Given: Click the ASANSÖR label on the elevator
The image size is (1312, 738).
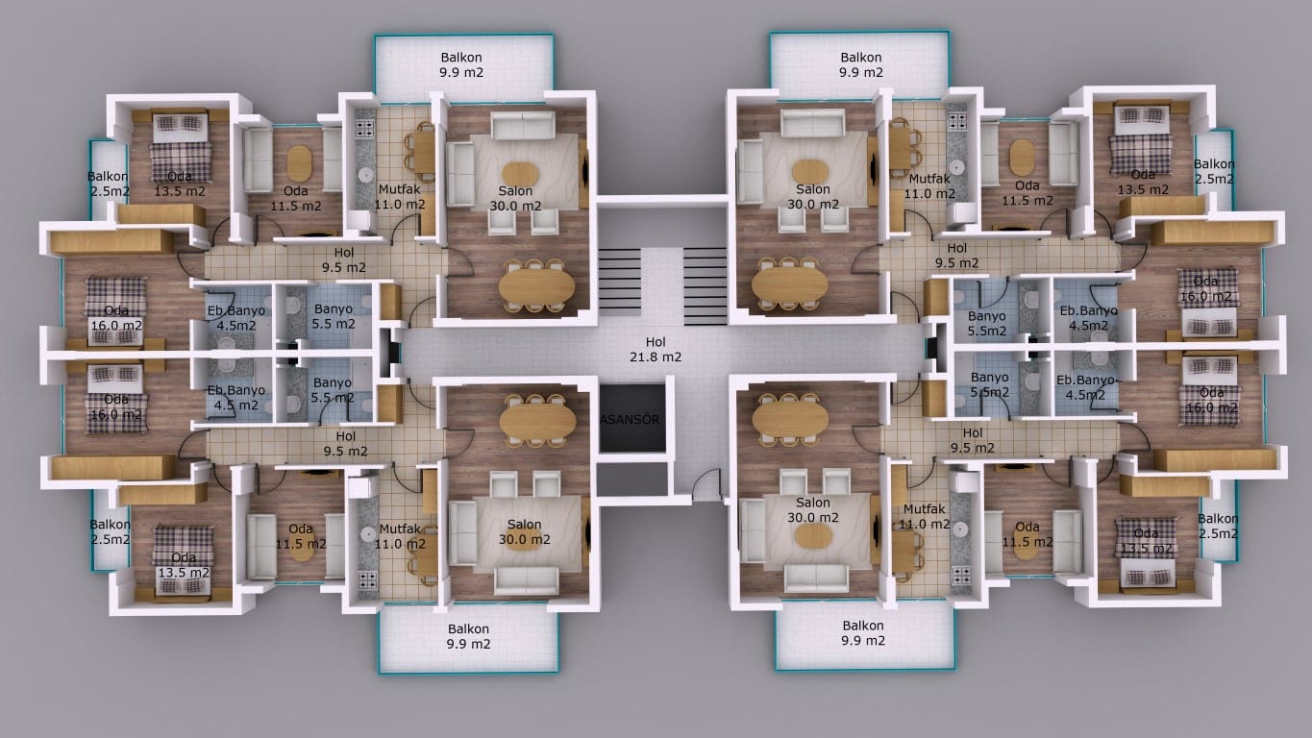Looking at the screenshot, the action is tap(630, 419).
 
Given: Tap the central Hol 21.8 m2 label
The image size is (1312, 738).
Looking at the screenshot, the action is tap(656, 349).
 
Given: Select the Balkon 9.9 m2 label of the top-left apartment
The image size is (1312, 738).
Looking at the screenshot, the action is tap(461, 65).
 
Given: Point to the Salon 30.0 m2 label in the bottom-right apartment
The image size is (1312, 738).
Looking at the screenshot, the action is tap(813, 510).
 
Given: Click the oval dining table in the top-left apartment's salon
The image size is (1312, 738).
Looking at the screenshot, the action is tap(536, 287).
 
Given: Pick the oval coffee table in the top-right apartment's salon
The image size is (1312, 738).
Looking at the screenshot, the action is tap(810, 172).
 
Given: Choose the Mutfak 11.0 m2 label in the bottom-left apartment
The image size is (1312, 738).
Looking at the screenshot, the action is tap(400, 536).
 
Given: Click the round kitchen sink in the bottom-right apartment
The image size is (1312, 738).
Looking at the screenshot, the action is tap(959, 529).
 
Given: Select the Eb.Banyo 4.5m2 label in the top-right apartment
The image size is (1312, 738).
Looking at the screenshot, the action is tap(1089, 318).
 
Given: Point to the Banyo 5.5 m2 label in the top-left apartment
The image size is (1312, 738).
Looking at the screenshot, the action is tap(334, 316).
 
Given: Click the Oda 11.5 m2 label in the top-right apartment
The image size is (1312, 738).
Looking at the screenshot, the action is tap(1027, 193).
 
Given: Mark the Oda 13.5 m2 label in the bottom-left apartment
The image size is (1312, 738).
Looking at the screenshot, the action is tap(184, 565).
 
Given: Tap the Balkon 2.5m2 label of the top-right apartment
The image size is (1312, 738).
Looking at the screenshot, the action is tap(1214, 172).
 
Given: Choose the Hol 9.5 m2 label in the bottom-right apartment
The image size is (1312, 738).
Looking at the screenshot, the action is tap(973, 440).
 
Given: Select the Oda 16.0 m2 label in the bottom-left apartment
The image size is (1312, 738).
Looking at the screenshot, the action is tap(116, 407).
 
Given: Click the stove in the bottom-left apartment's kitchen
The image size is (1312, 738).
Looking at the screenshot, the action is tap(368, 579).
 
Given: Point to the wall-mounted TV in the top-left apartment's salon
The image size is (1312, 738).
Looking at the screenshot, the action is tap(584, 172).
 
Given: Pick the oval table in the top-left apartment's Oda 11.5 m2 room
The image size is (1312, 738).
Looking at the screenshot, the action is tap(299, 163).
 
